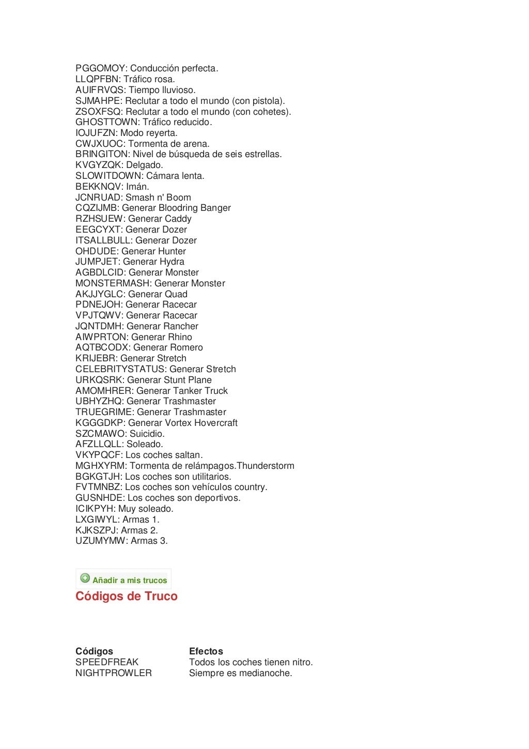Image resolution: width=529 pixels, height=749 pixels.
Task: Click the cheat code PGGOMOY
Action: [100, 68]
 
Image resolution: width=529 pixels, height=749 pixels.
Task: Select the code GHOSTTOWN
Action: [107, 122]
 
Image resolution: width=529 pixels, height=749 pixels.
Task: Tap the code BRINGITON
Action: [102, 154]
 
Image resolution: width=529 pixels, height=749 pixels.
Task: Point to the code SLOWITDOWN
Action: [108, 176]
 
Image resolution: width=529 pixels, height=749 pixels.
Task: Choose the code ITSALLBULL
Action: [103, 240]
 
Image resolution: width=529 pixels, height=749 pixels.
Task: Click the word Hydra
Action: [172, 262]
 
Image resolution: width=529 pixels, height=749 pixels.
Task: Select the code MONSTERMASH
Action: [113, 283]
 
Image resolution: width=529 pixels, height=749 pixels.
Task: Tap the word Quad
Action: [176, 294]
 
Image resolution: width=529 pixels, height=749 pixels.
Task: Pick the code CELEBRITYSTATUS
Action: [120, 369]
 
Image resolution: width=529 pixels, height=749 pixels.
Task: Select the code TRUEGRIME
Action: [104, 412]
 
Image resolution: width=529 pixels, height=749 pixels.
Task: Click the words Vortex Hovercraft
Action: [208, 423]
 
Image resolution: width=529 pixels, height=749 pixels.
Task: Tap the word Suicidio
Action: [146, 434]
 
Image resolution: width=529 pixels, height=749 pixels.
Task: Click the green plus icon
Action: [85, 578]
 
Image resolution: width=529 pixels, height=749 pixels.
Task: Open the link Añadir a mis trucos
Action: [130, 580]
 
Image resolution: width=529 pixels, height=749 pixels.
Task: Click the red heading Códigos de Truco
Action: [127, 597]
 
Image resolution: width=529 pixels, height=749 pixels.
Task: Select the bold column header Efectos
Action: [206, 651]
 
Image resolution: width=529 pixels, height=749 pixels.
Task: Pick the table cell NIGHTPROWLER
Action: [114, 673]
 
